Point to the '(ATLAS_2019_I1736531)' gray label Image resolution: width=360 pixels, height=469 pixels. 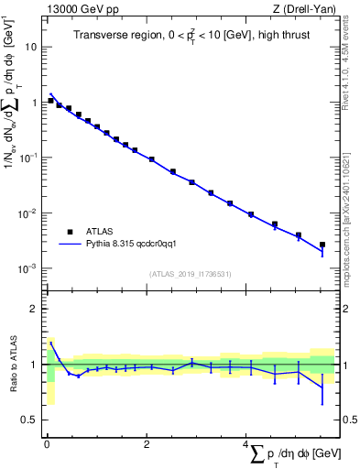coord(191,274)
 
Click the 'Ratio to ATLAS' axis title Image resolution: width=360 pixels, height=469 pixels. coord(12,364)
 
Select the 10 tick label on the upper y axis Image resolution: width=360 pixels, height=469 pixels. coord(31,46)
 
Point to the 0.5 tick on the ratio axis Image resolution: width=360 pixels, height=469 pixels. coord(30,420)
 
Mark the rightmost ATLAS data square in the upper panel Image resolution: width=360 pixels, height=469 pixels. coord(322,245)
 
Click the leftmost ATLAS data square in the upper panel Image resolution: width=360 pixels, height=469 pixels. coord(51,101)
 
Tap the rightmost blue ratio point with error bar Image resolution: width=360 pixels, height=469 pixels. coord(322,385)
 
